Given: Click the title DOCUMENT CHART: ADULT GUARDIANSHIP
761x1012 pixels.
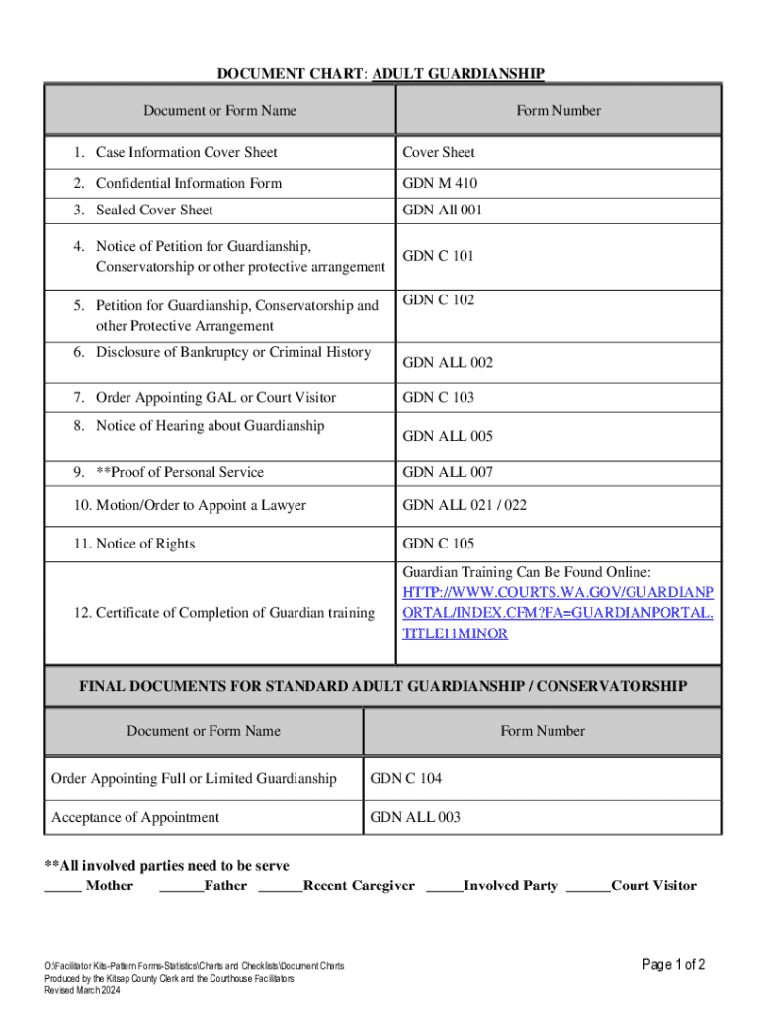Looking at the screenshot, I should [x=380, y=73].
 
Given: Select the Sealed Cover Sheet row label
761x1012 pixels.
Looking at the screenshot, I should [x=153, y=210].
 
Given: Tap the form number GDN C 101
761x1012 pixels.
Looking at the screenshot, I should [x=438, y=256].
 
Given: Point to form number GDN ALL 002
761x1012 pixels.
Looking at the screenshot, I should [x=447, y=363].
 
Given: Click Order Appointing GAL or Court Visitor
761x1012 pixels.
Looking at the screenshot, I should [x=214, y=397].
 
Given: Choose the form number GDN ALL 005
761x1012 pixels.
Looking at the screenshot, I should [x=447, y=436].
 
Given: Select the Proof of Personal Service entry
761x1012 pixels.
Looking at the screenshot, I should [x=179, y=472].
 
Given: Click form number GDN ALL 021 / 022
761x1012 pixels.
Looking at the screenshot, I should [x=464, y=505].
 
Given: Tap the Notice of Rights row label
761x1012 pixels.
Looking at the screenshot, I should [x=144, y=544].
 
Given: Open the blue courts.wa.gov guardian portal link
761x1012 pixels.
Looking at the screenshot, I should [x=556, y=613].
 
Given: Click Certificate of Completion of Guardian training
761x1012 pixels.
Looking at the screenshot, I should [x=222, y=613].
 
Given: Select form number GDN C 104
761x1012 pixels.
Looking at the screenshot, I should [x=405, y=779].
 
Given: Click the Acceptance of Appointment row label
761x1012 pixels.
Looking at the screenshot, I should [x=135, y=817].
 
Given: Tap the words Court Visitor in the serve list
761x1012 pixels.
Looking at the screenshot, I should [x=653, y=885].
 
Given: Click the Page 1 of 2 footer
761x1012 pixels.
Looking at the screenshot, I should [x=673, y=965].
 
